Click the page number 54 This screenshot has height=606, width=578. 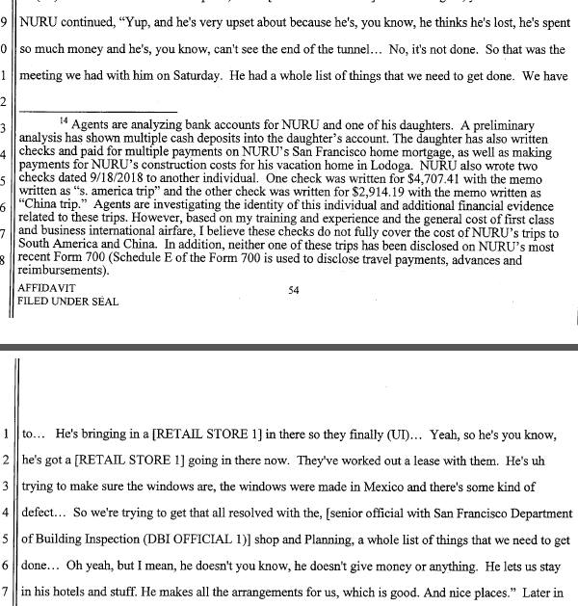[293, 287]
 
